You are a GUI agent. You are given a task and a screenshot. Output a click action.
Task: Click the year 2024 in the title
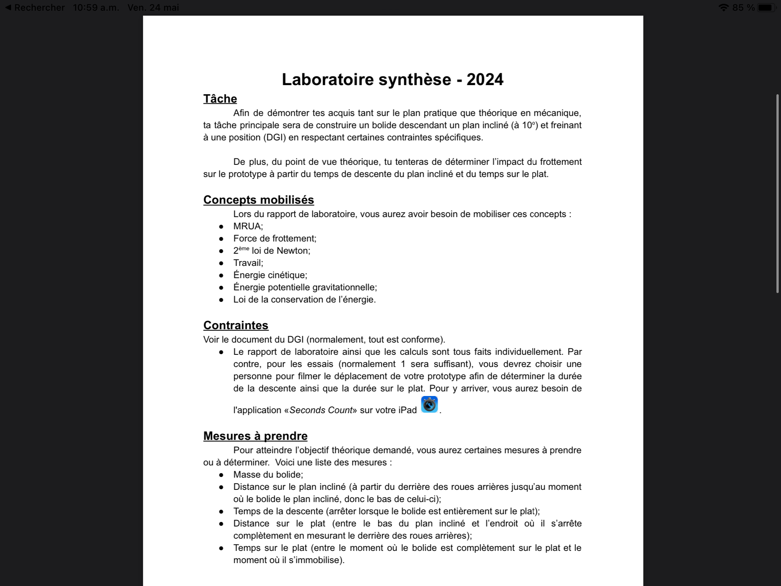(485, 79)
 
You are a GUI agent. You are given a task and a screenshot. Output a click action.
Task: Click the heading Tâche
(220, 99)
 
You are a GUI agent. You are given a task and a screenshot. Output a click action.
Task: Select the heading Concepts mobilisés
(259, 200)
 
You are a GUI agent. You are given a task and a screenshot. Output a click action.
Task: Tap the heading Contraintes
(236, 325)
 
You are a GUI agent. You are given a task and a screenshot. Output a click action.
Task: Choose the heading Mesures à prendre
(255, 436)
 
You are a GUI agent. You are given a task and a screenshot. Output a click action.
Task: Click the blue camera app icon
(429, 405)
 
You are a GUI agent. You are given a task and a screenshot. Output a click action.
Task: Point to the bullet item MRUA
(248, 226)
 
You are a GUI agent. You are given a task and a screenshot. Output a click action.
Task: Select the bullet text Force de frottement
(275, 238)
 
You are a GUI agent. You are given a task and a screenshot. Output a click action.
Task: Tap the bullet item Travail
(248, 263)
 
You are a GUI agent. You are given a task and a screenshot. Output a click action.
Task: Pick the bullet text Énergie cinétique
(270, 275)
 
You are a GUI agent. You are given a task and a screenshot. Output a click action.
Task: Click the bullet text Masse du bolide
(268, 475)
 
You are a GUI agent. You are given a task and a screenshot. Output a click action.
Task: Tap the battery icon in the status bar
(766, 8)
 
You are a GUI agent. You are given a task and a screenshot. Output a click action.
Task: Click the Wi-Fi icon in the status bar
(723, 8)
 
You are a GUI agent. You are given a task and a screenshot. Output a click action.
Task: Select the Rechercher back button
(35, 8)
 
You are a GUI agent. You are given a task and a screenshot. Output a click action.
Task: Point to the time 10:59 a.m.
(96, 8)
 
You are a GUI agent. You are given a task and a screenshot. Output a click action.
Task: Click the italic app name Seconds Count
(321, 410)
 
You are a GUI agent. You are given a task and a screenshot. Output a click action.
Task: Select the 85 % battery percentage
(743, 8)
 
